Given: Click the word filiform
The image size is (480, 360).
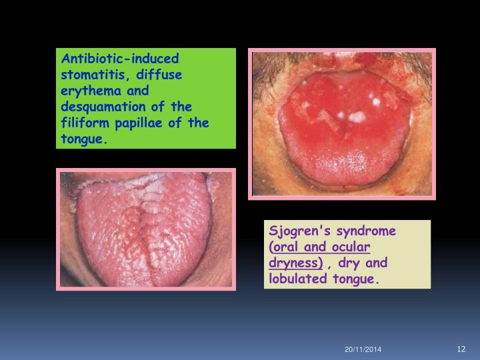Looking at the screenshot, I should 87,123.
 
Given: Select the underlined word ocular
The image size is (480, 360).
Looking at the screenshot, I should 347,247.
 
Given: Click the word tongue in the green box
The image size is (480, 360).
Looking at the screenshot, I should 83,139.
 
